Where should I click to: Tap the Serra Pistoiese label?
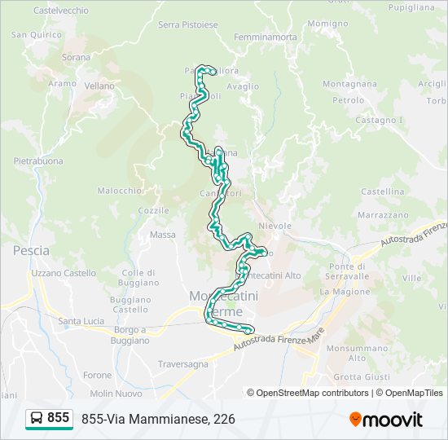coord(188,24)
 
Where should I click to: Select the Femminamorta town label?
coord(265,37)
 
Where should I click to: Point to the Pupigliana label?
coord(411,7)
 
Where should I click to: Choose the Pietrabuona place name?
coord(38,161)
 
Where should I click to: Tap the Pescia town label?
coord(31,251)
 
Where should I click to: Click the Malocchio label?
coord(120,191)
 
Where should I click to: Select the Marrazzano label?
coord(382,215)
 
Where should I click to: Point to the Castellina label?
coord(382,191)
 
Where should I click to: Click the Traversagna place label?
coord(183,364)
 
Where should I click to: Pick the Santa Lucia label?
coord(81,321)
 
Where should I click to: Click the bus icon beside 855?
coord(37,418)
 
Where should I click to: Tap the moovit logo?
coord(386,419)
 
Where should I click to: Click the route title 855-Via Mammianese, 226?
coord(158,419)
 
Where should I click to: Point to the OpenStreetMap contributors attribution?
coord(312,393)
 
